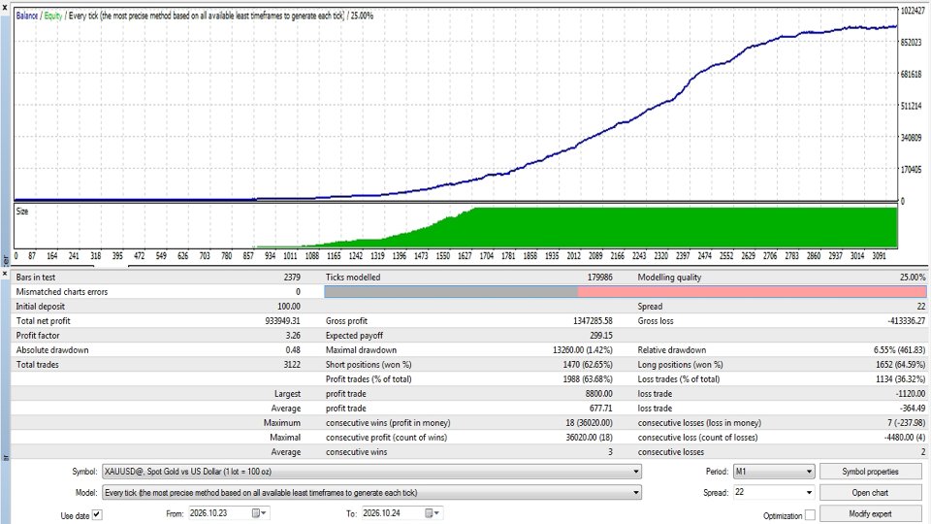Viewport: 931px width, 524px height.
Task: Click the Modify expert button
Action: click(870, 514)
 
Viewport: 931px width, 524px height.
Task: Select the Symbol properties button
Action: click(870, 472)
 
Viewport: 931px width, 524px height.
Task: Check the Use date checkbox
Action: click(97, 515)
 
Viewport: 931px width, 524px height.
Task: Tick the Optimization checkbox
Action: click(810, 515)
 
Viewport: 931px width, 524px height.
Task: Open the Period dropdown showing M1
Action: click(774, 472)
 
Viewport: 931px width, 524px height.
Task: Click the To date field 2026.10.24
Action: click(401, 513)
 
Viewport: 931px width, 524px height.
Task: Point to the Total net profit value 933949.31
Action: click(282, 321)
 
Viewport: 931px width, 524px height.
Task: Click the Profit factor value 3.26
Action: click(293, 336)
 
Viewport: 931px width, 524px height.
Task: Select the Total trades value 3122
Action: click(292, 365)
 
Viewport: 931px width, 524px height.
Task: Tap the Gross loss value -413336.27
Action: click(906, 321)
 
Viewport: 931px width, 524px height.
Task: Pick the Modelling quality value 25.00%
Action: click(913, 278)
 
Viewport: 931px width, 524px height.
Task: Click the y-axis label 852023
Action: click(912, 43)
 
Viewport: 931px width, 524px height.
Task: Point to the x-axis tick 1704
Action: click(486, 256)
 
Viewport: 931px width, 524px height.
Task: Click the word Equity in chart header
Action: click(52, 16)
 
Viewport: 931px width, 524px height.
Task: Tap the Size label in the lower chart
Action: click(22, 212)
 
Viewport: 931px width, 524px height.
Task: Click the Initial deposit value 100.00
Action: click(289, 307)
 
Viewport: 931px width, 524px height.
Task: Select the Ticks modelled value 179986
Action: click(599, 278)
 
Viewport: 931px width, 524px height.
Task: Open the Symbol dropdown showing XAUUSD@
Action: click(371, 472)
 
